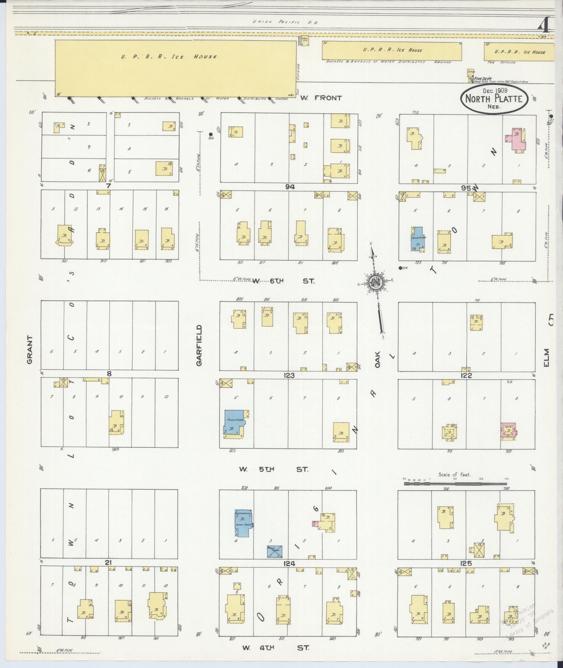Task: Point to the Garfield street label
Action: tap(199, 345)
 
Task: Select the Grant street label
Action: tap(30, 350)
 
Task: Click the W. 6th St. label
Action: tap(284, 280)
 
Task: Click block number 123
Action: tap(289, 375)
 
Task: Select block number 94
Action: tap(290, 187)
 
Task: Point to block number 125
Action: tap(466, 563)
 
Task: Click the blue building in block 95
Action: tap(417, 238)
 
